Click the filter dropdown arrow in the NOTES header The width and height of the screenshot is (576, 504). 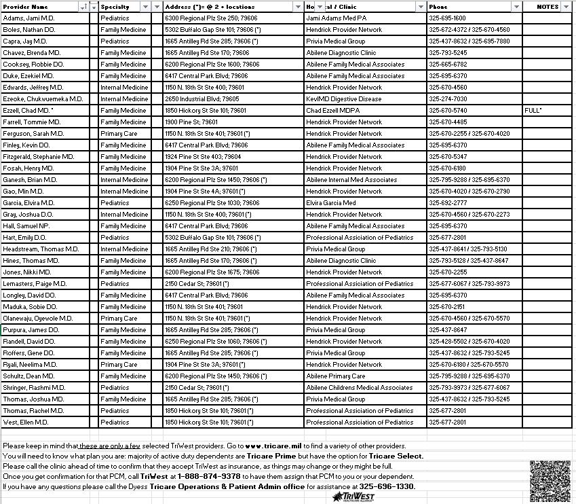pos(567,7)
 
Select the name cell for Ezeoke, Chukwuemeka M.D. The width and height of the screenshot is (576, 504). pos(43,99)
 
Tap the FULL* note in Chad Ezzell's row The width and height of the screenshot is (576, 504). pos(533,111)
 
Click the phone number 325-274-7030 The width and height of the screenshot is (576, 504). pos(447,99)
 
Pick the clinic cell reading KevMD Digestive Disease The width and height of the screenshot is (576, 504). pos(343,99)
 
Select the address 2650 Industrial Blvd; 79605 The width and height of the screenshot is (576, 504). pos(201,99)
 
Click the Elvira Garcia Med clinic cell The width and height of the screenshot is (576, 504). pos(330,203)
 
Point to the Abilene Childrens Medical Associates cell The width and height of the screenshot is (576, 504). pos(359,388)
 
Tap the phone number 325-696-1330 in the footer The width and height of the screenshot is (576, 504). pos(387,487)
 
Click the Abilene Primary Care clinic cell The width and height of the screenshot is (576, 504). pos(335,376)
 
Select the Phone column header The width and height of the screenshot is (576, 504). pos(438,7)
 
